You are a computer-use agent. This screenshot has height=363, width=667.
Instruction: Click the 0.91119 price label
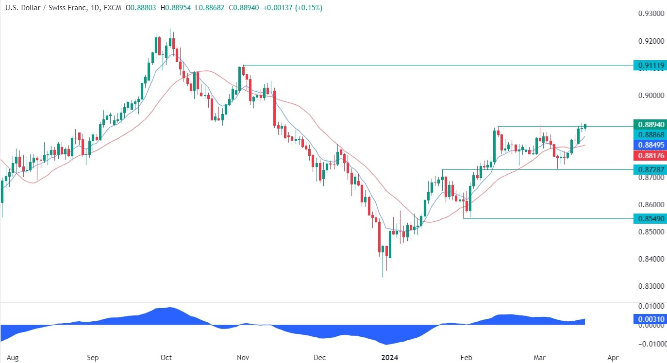point(649,66)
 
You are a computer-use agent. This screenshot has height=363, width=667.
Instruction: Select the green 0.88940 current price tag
point(649,124)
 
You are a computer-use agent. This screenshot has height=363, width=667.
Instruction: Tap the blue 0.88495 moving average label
point(649,145)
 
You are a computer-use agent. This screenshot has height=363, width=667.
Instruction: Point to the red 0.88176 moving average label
point(649,155)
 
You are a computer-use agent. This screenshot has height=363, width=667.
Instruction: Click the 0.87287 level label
point(649,169)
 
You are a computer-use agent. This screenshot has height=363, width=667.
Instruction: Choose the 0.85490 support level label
point(649,219)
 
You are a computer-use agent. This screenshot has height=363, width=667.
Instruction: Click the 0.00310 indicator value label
point(649,320)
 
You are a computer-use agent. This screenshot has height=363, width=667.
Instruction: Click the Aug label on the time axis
point(13,358)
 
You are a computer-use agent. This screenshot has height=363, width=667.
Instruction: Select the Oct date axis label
point(166,358)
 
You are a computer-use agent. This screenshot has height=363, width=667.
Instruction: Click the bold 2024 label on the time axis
point(390,358)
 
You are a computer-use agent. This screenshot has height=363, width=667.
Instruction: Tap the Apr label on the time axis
point(613,358)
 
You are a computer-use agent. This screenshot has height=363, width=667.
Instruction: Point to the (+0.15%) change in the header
point(309,8)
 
